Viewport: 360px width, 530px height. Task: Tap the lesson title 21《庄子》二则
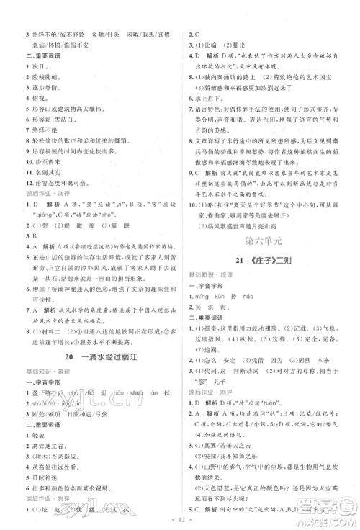pyautogui.click(x=261, y=257)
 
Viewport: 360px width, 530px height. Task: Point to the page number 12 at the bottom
pyautogui.click(x=180, y=520)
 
